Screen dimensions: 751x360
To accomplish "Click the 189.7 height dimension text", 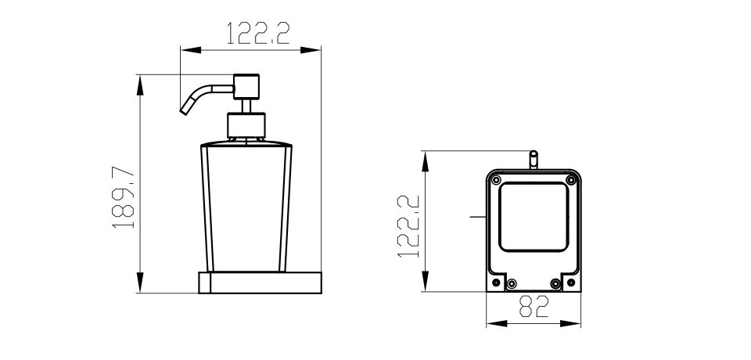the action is click(x=123, y=197).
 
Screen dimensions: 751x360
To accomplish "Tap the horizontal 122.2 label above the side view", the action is click(x=257, y=34).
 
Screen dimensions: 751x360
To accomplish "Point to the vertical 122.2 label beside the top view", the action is click(x=408, y=226).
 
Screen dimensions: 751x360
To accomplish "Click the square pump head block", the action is click(x=246, y=87).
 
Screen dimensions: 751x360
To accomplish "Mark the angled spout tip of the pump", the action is click(x=184, y=112).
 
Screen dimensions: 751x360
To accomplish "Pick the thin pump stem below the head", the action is click(x=246, y=106).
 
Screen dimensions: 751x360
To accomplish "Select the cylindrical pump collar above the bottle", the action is click(x=246, y=125).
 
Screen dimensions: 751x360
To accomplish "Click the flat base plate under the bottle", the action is click(x=260, y=283).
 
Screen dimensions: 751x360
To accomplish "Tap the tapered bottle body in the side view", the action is click(x=246, y=207).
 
